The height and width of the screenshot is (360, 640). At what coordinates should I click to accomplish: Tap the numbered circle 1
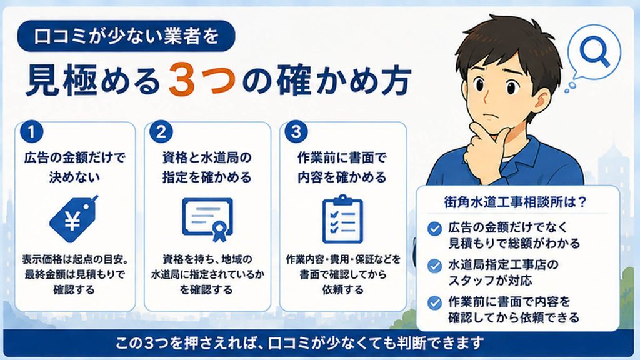[31, 131]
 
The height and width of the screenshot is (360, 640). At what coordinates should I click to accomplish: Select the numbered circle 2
[161, 131]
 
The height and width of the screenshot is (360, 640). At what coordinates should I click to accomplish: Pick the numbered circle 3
[296, 131]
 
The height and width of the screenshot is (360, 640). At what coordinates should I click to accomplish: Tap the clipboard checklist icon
[342, 219]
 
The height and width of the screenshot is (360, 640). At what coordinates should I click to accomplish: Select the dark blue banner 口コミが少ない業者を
[126, 36]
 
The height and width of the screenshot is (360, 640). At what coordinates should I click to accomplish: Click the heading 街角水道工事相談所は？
[515, 202]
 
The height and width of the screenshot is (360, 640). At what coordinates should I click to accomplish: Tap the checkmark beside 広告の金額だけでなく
[435, 229]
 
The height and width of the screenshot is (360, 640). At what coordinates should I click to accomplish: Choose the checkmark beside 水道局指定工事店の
[435, 266]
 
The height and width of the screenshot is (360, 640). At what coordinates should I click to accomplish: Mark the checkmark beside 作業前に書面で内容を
[435, 303]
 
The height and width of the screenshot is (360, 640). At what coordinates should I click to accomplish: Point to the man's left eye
[512, 87]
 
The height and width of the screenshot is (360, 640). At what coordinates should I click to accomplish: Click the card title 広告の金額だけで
[75, 157]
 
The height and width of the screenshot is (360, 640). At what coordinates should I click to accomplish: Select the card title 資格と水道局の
[207, 157]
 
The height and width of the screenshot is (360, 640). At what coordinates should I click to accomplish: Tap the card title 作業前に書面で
[342, 157]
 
